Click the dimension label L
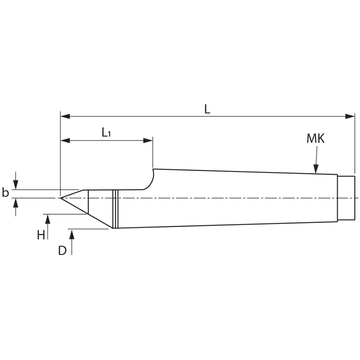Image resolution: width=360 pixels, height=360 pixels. click(x=207, y=109)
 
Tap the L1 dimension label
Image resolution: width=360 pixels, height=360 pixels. click(x=106, y=132)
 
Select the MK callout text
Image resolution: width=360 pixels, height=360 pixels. click(x=316, y=139)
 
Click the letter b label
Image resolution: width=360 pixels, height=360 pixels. click(x=5, y=193)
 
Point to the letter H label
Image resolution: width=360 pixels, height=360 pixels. click(x=41, y=235)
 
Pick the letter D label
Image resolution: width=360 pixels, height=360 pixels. click(x=62, y=250)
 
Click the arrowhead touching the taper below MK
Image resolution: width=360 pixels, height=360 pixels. click(x=316, y=169)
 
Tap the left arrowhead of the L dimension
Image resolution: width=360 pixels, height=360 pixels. click(x=65, y=116)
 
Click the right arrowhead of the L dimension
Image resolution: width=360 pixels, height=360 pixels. click(x=350, y=116)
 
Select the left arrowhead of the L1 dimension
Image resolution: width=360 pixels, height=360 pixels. click(x=65, y=141)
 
